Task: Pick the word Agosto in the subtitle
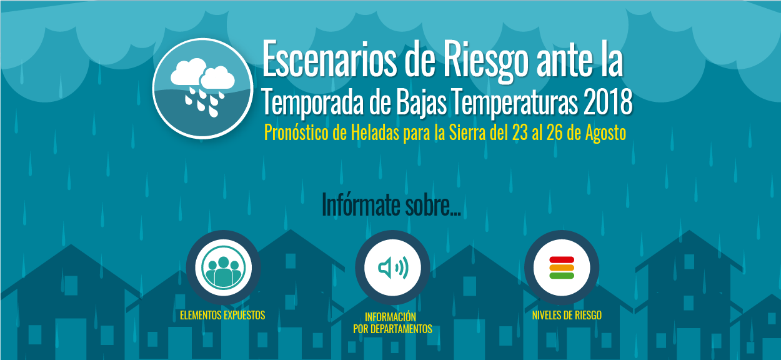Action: coord(605,134)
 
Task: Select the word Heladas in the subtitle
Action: coord(375,132)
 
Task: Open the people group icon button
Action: coord(224,267)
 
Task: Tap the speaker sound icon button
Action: coord(392,267)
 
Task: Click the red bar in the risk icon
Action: coord(562,259)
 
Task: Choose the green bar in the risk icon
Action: coord(562,276)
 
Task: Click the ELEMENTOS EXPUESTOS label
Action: coord(222,316)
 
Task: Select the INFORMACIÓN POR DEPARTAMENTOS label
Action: coord(392,322)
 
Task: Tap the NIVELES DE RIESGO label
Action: coord(567,316)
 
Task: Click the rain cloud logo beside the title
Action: coord(202,88)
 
